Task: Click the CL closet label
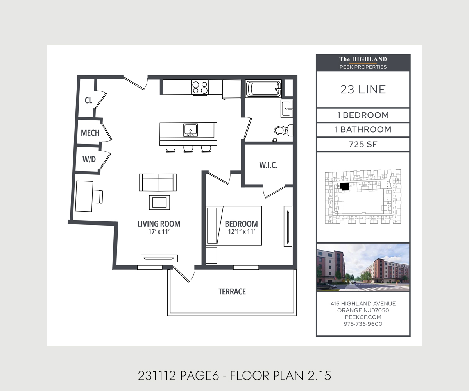pyautogui.click(x=88, y=100)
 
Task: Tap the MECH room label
pyautogui.click(x=90, y=133)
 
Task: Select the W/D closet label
pyautogui.click(x=89, y=159)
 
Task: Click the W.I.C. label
pyautogui.click(x=268, y=165)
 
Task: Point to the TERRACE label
pyautogui.click(x=232, y=292)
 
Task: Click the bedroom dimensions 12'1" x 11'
pyautogui.click(x=241, y=231)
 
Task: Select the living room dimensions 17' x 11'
pyautogui.click(x=159, y=231)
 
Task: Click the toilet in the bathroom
pyautogui.click(x=283, y=130)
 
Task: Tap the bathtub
pyautogui.click(x=263, y=89)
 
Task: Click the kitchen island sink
pyautogui.click(x=190, y=130)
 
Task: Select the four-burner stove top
pyautogui.click(x=200, y=88)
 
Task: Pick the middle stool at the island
pyautogui.click(x=188, y=149)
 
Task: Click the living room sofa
pyautogui.click(x=158, y=182)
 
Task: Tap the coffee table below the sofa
pyautogui.click(x=159, y=203)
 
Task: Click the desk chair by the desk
pyautogui.click(x=98, y=197)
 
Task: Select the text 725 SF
pyautogui.click(x=363, y=144)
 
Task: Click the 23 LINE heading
pyautogui.click(x=363, y=90)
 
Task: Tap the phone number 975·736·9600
pyautogui.click(x=363, y=324)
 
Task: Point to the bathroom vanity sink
pyautogui.click(x=287, y=109)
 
